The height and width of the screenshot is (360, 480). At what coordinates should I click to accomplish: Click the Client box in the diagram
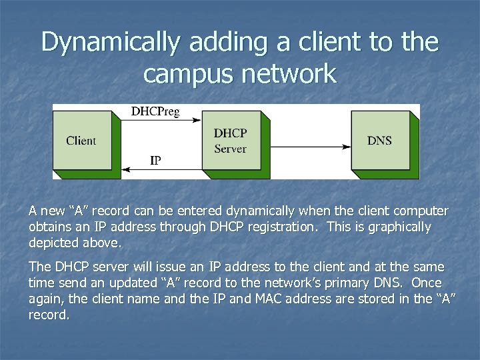pos(81,141)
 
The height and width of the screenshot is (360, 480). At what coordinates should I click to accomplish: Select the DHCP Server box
pos(230,141)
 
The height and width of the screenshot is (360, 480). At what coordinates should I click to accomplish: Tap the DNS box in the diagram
pos(379,141)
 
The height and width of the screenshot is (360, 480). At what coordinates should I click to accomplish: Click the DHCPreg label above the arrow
pos(155,111)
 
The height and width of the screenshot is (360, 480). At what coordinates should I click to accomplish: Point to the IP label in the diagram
pos(155,161)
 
